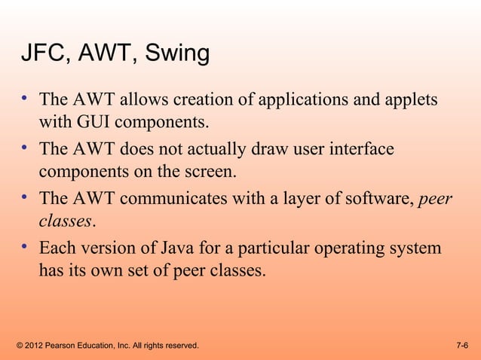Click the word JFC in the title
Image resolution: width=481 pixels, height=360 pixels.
(x=39, y=55)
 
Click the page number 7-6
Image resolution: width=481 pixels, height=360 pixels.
(x=463, y=345)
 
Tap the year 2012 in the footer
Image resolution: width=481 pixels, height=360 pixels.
(x=35, y=345)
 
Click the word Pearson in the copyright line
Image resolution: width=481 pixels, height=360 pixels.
(x=64, y=345)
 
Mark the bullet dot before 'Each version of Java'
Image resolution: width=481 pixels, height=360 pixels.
(x=25, y=246)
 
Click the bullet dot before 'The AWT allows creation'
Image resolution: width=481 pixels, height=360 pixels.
(x=25, y=97)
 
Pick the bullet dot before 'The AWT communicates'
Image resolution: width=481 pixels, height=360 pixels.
(x=25, y=197)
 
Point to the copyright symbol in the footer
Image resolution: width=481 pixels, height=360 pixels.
(x=19, y=345)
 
